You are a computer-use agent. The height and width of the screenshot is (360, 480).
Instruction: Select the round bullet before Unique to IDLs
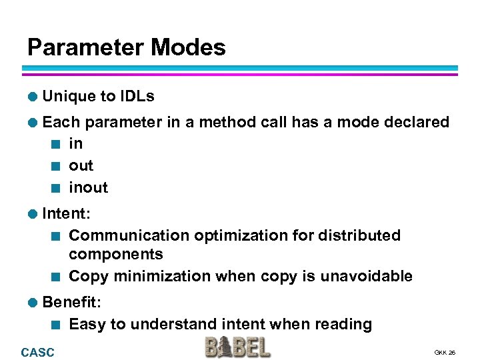pyautogui.click(x=32, y=97)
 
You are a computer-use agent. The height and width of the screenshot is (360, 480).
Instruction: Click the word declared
pyautogui.click(x=413, y=122)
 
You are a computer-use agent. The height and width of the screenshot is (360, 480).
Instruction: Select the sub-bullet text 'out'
pyautogui.click(x=81, y=165)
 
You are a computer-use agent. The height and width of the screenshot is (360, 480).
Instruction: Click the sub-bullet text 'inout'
pyautogui.click(x=88, y=187)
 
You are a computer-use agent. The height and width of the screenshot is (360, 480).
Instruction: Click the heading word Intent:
pyautogui.click(x=67, y=213)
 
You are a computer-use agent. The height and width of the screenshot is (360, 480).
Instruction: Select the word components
pyautogui.click(x=115, y=254)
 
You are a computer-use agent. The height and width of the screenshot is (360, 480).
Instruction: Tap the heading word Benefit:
pyautogui.click(x=71, y=302)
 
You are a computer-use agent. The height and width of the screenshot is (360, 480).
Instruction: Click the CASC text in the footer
pyautogui.click(x=38, y=352)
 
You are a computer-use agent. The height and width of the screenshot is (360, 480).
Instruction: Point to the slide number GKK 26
pyautogui.click(x=445, y=352)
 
